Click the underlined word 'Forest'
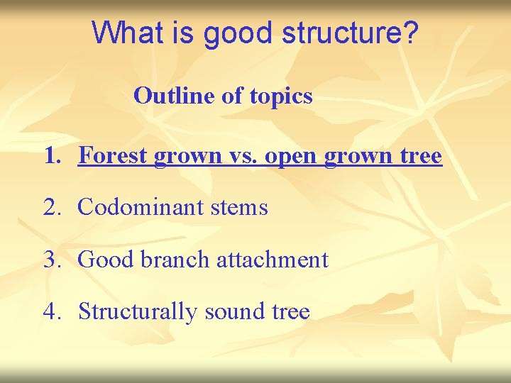(111, 155)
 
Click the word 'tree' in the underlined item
(421, 156)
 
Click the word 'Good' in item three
(106, 260)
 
